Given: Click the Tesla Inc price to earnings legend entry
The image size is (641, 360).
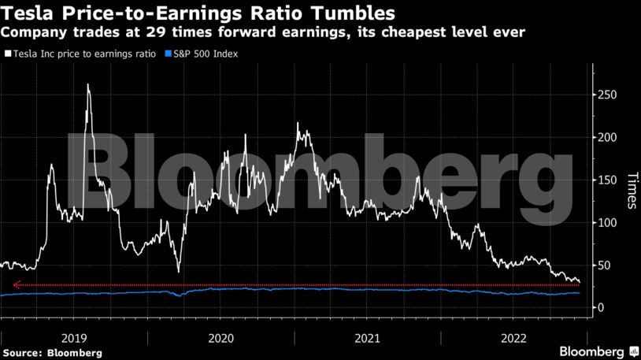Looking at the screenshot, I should (x=82, y=54).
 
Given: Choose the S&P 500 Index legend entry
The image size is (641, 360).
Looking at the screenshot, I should (x=203, y=54).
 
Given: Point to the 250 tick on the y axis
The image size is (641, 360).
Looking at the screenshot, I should (x=607, y=95).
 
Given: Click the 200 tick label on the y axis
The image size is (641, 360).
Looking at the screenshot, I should (x=607, y=137).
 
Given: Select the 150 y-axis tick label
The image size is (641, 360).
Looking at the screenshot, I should (x=607, y=180).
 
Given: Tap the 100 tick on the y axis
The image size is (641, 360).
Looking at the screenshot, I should (x=607, y=222).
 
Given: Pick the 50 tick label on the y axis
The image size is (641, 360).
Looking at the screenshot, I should (x=604, y=265).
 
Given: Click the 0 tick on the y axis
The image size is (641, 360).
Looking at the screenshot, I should (x=601, y=307).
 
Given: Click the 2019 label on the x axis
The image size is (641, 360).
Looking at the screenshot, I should (x=74, y=337).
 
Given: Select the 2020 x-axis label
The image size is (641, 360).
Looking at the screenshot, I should (x=221, y=337).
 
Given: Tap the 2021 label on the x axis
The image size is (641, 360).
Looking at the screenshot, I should (x=369, y=337).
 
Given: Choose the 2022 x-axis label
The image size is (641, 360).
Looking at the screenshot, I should (x=516, y=337).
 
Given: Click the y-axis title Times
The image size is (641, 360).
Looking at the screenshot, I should (x=631, y=191).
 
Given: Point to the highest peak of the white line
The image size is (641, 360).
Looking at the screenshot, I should (x=87, y=85).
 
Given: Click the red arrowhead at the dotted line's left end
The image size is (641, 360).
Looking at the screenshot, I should (x=17, y=285).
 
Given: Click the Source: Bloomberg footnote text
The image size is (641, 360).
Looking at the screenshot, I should (x=52, y=353).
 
